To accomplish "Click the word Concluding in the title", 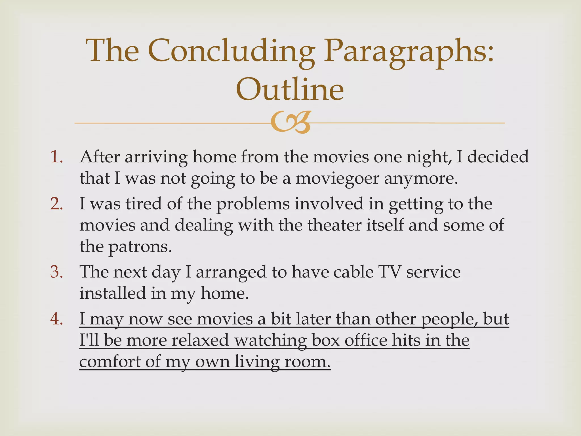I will click(x=231, y=51).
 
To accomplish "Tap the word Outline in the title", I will click(x=290, y=89).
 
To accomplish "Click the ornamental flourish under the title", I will click(x=290, y=122).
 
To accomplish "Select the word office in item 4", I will click(x=366, y=340).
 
